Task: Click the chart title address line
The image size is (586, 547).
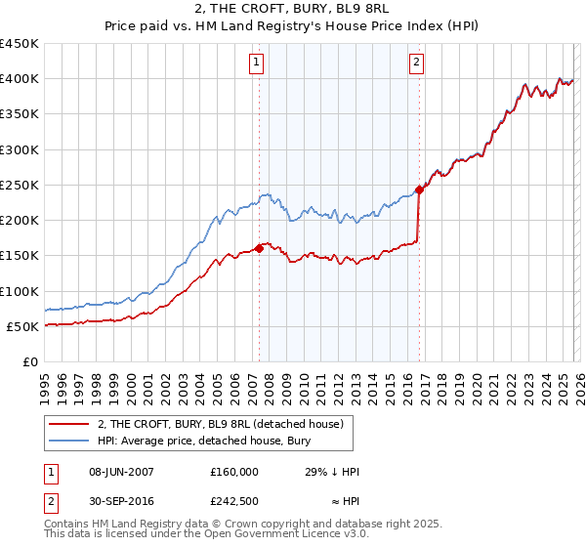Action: (x=293, y=10)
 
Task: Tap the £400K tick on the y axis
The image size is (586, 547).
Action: (x=20, y=79)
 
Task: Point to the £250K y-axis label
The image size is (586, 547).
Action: (x=20, y=185)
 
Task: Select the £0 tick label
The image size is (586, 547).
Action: (x=29, y=361)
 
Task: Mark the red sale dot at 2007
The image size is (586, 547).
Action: (x=260, y=248)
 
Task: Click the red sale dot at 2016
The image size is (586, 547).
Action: (x=420, y=190)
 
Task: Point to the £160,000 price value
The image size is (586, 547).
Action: (x=233, y=472)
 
